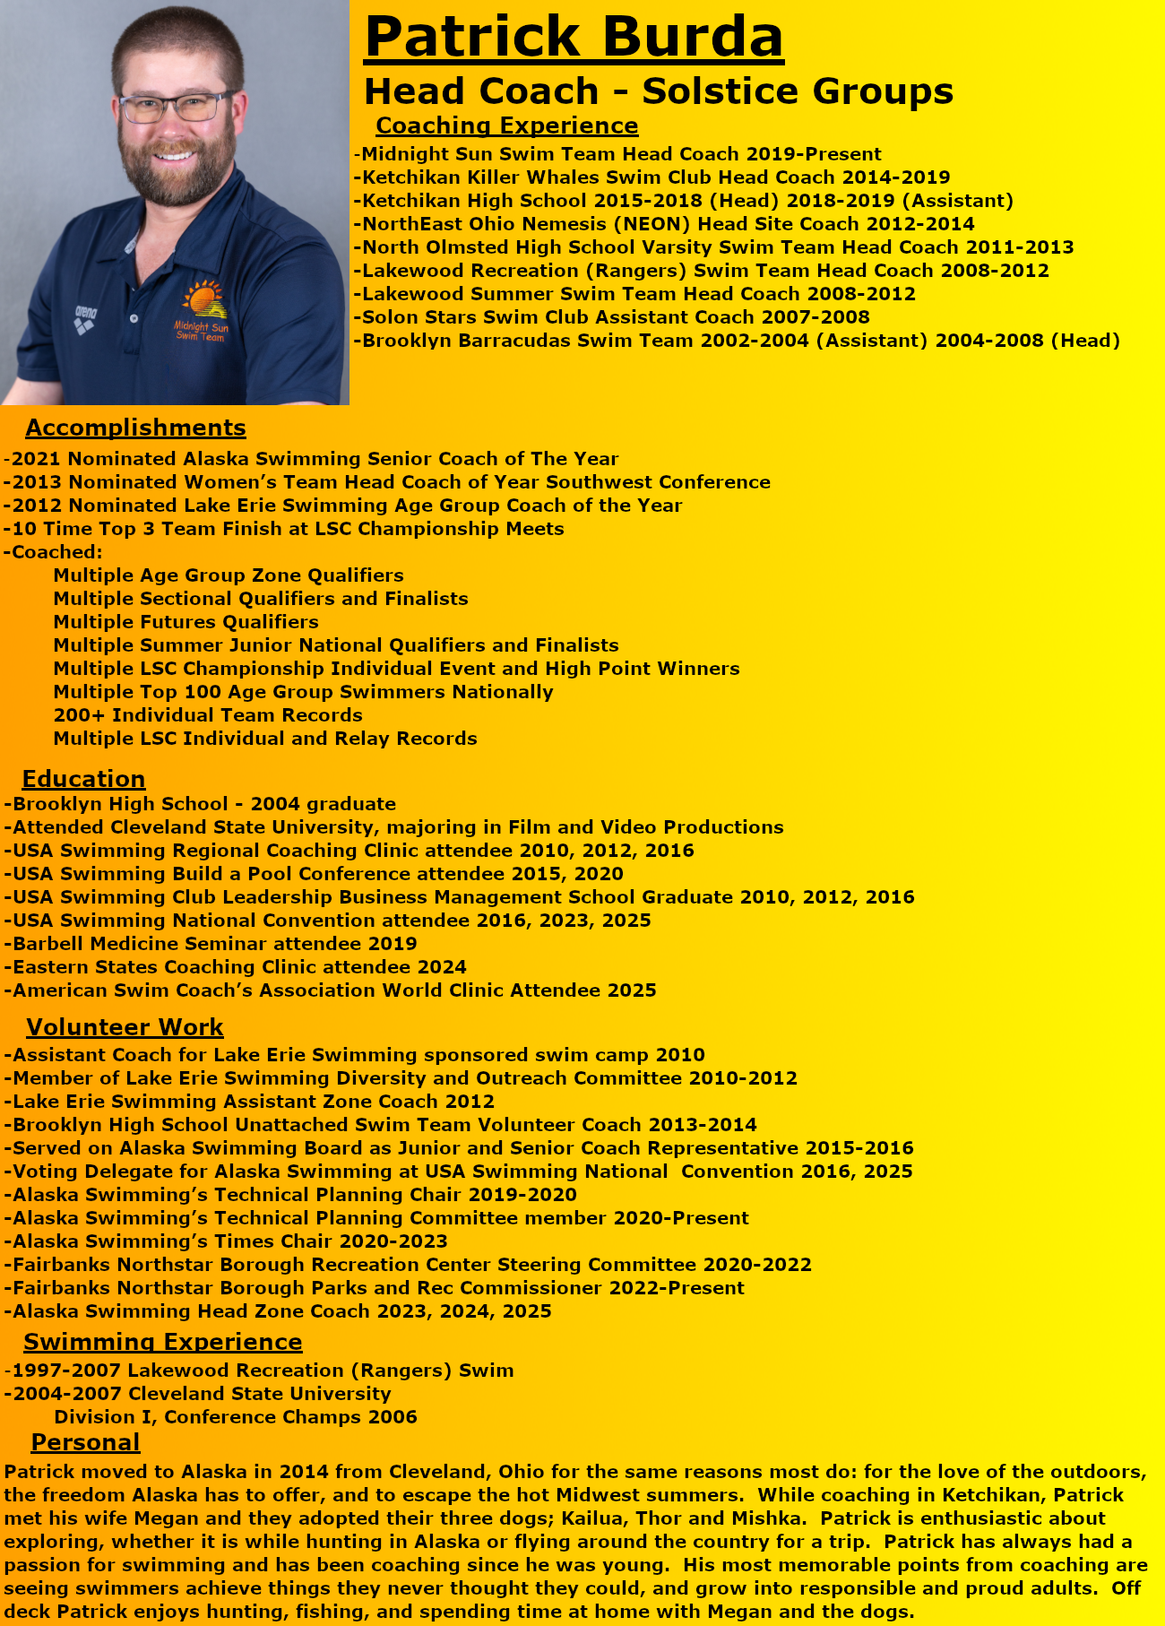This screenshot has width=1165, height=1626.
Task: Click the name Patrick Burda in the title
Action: pyautogui.click(x=574, y=38)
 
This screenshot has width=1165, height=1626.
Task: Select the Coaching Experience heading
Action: pyautogui.click(x=506, y=125)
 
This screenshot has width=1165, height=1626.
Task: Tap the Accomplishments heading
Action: pyautogui.click(x=135, y=428)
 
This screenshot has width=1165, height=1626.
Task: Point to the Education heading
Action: pyautogui.click(x=83, y=778)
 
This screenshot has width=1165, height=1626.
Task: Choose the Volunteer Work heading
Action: pyautogui.click(x=125, y=1026)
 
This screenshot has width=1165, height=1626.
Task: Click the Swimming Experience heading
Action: pyautogui.click(x=162, y=1341)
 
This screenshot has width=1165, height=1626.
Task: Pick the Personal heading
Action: pyautogui.click(x=85, y=1441)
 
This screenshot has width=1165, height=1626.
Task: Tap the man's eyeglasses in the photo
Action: pyautogui.click(x=175, y=108)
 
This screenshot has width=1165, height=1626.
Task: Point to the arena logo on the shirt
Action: pyautogui.click(x=85, y=317)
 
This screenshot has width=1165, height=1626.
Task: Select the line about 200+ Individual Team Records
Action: pyautogui.click(x=208, y=715)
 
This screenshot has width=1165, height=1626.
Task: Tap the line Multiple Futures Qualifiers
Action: pyautogui.click(x=186, y=622)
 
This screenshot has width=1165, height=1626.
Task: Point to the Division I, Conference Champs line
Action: pyautogui.click(x=236, y=1416)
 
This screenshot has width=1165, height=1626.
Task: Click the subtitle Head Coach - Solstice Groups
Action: pyautogui.click(x=659, y=91)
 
